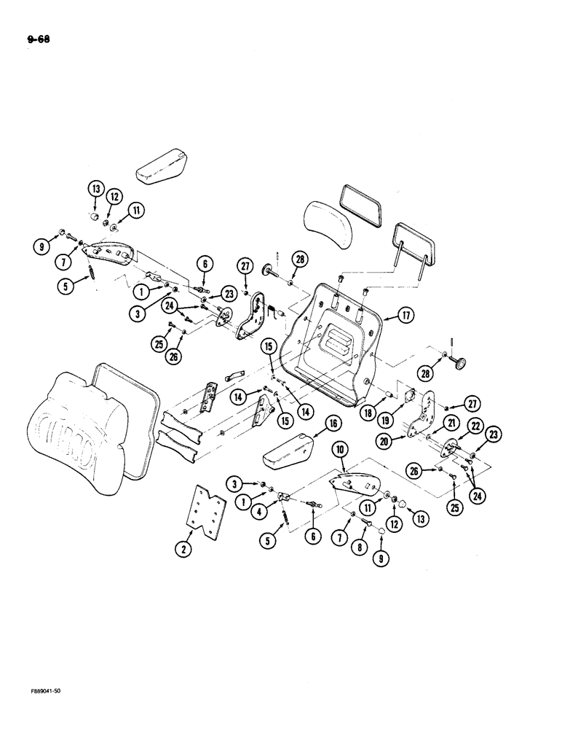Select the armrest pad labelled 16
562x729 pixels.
point(290,453)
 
